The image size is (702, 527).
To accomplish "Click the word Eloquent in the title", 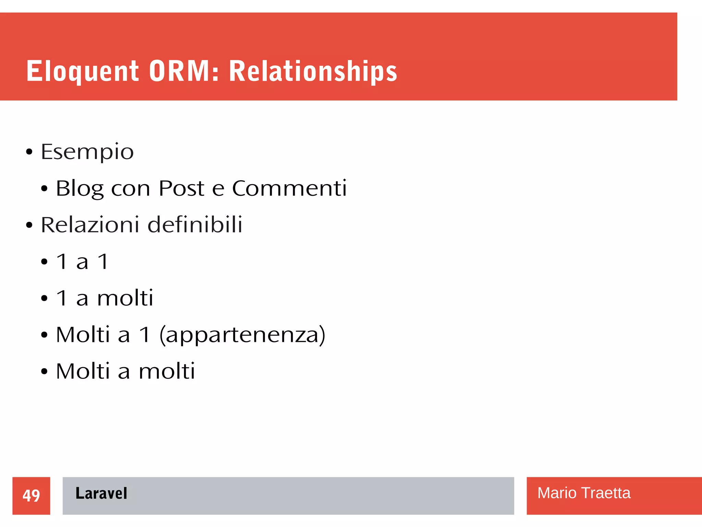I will pyautogui.click(x=82, y=71).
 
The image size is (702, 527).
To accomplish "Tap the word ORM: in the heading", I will pyautogui.click(x=184, y=71).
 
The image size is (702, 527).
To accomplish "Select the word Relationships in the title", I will pyautogui.click(x=313, y=71).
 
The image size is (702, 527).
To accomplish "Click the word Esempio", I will pyautogui.click(x=87, y=152).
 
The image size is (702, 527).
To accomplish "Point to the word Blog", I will pyautogui.click(x=79, y=188).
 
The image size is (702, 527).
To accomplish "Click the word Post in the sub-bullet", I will pyautogui.click(x=181, y=188).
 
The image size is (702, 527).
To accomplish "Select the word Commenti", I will pyautogui.click(x=289, y=188).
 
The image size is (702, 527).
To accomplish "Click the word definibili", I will pyautogui.click(x=195, y=225).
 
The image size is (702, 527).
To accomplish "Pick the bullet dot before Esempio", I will pyautogui.click(x=29, y=152).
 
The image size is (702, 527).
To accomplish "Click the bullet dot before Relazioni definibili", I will pyautogui.click(x=29, y=225).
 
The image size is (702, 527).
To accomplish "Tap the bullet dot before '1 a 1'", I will pyautogui.click(x=44, y=262).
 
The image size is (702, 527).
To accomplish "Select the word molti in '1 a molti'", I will pyautogui.click(x=125, y=298).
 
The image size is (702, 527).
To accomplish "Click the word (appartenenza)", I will pyautogui.click(x=242, y=335).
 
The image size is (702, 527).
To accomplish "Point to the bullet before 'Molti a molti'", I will pyautogui.click(x=44, y=371).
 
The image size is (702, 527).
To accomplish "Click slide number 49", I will pyautogui.click(x=31, y=495).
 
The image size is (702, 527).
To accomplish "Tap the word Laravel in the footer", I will pyautogui.click(x=101, y=493).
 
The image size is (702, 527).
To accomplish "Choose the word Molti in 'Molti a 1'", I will pyautogui.click(x=83, y=335).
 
